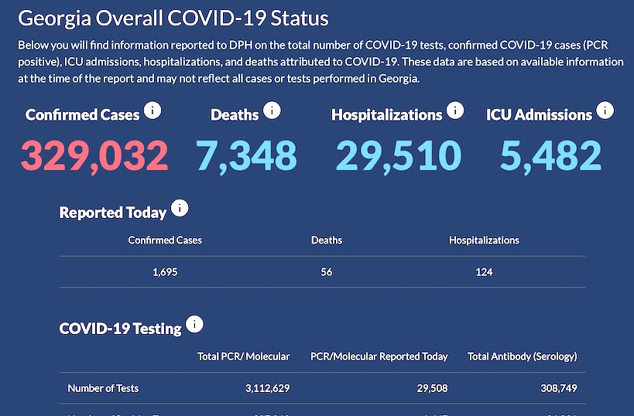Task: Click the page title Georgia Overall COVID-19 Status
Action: pos(173,19)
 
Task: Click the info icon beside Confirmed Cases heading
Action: pos(153,111)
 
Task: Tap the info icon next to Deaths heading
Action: pos(272,111)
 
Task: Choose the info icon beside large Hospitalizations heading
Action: pos(455,111)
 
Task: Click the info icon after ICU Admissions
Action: pos(605,111)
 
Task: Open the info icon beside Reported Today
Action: pos(180,208)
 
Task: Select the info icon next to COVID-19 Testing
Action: pos(195,324)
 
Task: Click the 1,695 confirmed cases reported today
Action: pos(165,271)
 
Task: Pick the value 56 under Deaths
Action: pos(327,271)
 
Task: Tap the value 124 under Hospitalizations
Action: pos(484,271)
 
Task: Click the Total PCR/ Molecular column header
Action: pos(244,356)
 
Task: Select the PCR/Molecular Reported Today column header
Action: pos(379,356)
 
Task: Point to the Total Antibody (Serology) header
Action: pos(523,356)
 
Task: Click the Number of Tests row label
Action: pos(103,388)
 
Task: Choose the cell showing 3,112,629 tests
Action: pos(265,388)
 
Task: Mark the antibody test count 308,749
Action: pos(555,388)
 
